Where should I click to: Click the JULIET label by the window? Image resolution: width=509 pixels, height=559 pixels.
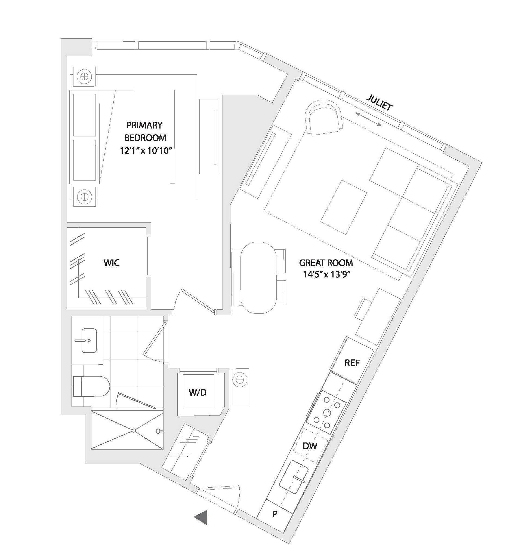[x=380, y=103]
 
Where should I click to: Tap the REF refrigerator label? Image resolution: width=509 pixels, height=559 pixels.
[x=352, y=363]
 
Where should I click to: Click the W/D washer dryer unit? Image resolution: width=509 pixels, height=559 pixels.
[x=199, y=392]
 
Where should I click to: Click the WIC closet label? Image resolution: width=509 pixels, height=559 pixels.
[x=112, y=262]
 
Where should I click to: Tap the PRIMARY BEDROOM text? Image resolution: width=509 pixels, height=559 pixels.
[x=145, y=132]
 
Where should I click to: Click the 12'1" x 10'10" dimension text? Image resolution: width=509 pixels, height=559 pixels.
[x=146, y=151]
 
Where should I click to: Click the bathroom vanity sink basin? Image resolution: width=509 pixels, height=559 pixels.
[x=89, y=340]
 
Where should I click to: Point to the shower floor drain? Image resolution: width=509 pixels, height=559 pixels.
[x=134, y=431]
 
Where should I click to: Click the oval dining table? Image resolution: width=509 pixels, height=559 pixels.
[x=258, y=277]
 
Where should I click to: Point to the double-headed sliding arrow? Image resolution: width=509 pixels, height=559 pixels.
[x=369, y=119]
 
